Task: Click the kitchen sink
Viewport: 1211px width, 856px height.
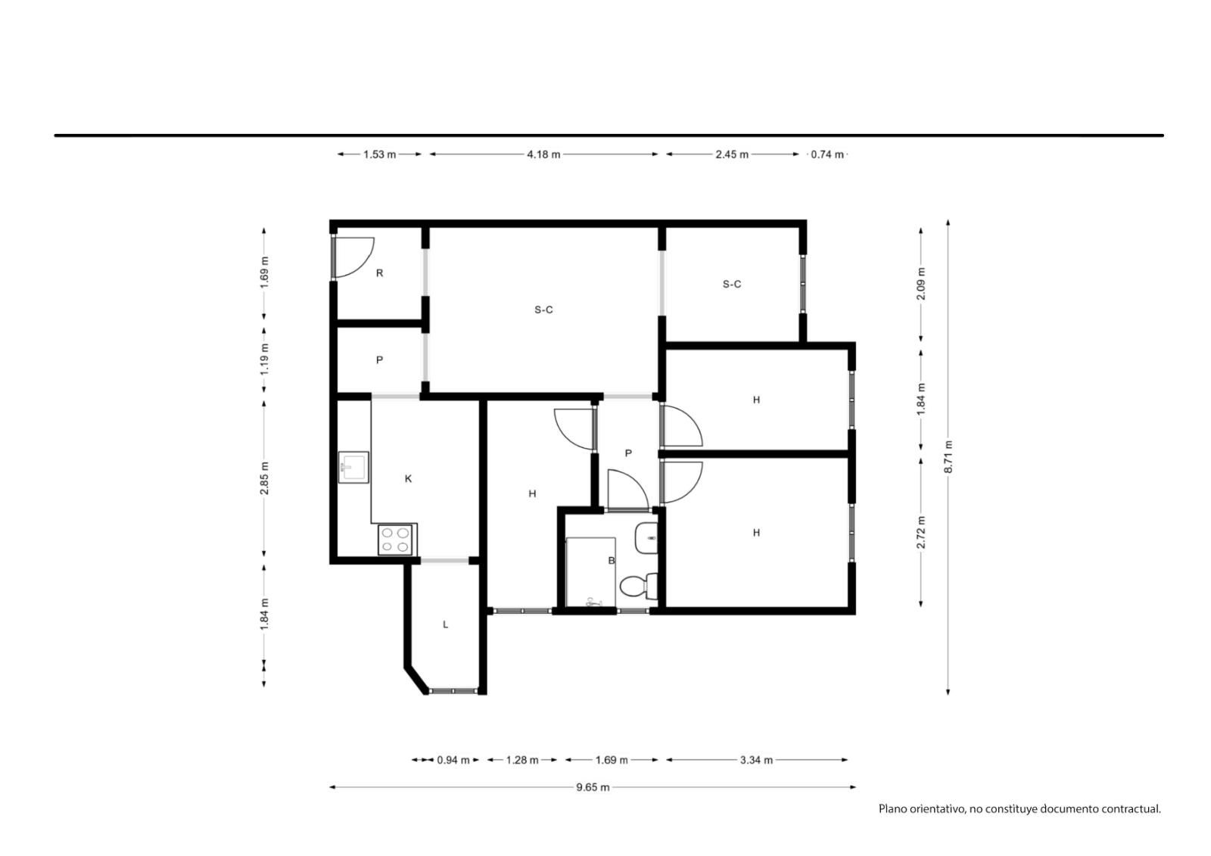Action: pyautogui.click(x=353, y=467)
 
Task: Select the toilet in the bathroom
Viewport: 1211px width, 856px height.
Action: pyautogui.click(x=639, y=587)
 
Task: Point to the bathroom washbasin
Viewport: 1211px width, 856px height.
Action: pyautogui.click(x=646, y=538)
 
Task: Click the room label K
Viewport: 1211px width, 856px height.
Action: pyautogui.click(x=408, y=478)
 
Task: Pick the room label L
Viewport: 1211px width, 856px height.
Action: pyautogui.click(x=446, y=624)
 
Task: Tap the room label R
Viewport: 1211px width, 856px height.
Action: pyautogui.click(x=379, y=273)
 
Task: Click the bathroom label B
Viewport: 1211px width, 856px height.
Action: pyautogui.click(x=612, y=561)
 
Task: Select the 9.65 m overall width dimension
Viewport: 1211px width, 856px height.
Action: pyautogui.click(x=593, y=787)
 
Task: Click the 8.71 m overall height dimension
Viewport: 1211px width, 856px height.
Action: pyautogui.click(x=948, y=457)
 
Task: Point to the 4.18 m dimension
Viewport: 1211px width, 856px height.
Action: pyautogui.click(x=544, y=154)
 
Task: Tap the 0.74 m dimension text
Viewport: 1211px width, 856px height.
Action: pyautogui.click(x=827, y=154)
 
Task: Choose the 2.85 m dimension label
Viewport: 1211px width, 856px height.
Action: pyautogui.click(x=264, y=478)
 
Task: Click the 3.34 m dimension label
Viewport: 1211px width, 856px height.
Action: pyautogui.click(x=756, y=760)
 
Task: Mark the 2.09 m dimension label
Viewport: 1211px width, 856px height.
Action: pyautogui.click(x=921, y=284)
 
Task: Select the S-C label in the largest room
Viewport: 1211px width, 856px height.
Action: pyautogui.click(x=544, y=310)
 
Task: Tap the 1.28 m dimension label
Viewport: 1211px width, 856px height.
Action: pyautogui.click(x=522, y=760)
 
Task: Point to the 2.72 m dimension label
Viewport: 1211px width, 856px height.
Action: pyautogui.click(x=921, y=533)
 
